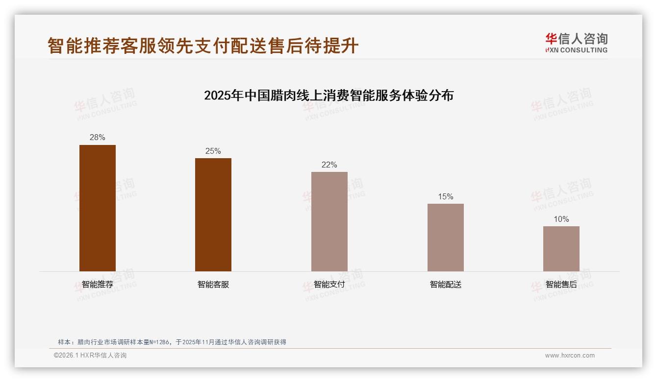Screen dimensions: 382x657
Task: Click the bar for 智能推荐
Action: [98, 208]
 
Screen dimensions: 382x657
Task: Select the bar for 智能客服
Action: [213, 215]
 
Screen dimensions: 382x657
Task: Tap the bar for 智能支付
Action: [329, 221]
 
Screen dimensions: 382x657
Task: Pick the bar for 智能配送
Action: [445, 238]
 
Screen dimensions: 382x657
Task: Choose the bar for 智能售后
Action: [561, 249]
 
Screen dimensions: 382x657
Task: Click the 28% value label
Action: [98, 138]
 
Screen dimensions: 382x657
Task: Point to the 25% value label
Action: [213, 151]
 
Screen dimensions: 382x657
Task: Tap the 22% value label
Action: [329, 165]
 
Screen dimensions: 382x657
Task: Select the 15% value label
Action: [445, 196]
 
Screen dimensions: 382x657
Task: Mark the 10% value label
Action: [561, 219]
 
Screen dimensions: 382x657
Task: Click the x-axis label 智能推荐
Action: [98, 284]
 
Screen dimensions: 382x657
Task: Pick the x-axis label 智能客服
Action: [213, 284]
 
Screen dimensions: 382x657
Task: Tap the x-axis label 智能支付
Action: [329, 284]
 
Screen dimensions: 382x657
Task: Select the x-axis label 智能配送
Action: [445, 284]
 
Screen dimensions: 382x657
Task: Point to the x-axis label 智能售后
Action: [561, 284]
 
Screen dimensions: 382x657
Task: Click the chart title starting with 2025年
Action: [328, 95]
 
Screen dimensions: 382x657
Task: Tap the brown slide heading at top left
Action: [203, 46]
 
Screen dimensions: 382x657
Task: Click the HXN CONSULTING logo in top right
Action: [576, 43]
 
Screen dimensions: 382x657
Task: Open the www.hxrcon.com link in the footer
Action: [570, 356]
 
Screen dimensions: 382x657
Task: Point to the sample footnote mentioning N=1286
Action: [172, 342]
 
